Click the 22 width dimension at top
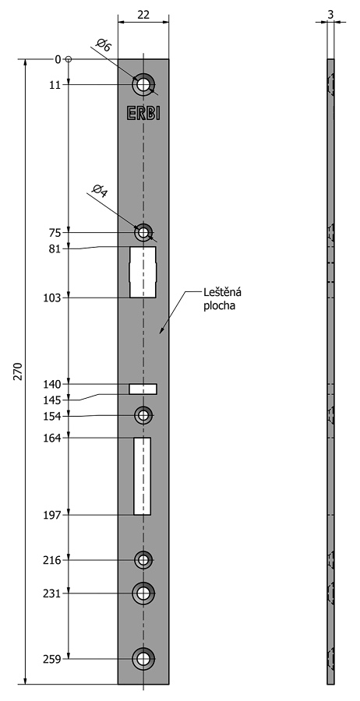pos(143,14)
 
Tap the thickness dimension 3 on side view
pos(330,14)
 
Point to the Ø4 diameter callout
pos(100,191)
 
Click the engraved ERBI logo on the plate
pos(143,113)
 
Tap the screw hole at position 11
pos(143,84)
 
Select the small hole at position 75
pos(143,232)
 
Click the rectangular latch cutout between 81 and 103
pos(143,273)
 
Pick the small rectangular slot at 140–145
pos(143,389)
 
